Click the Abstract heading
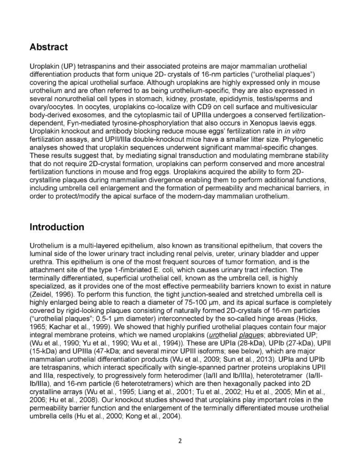[49, 47]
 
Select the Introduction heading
[57, 227]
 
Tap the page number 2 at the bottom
[180, 441]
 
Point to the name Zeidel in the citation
[41, 289]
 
